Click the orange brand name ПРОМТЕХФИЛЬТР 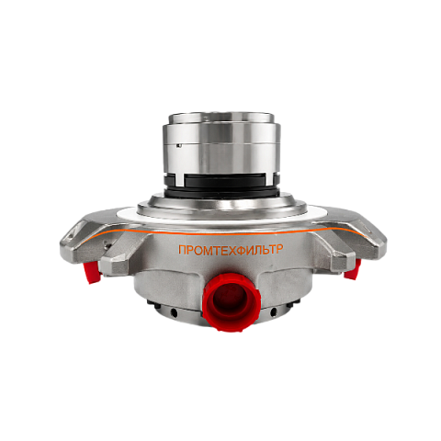point(231,249)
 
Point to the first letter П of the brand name point(182,250)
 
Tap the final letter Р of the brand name point(278,249)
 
